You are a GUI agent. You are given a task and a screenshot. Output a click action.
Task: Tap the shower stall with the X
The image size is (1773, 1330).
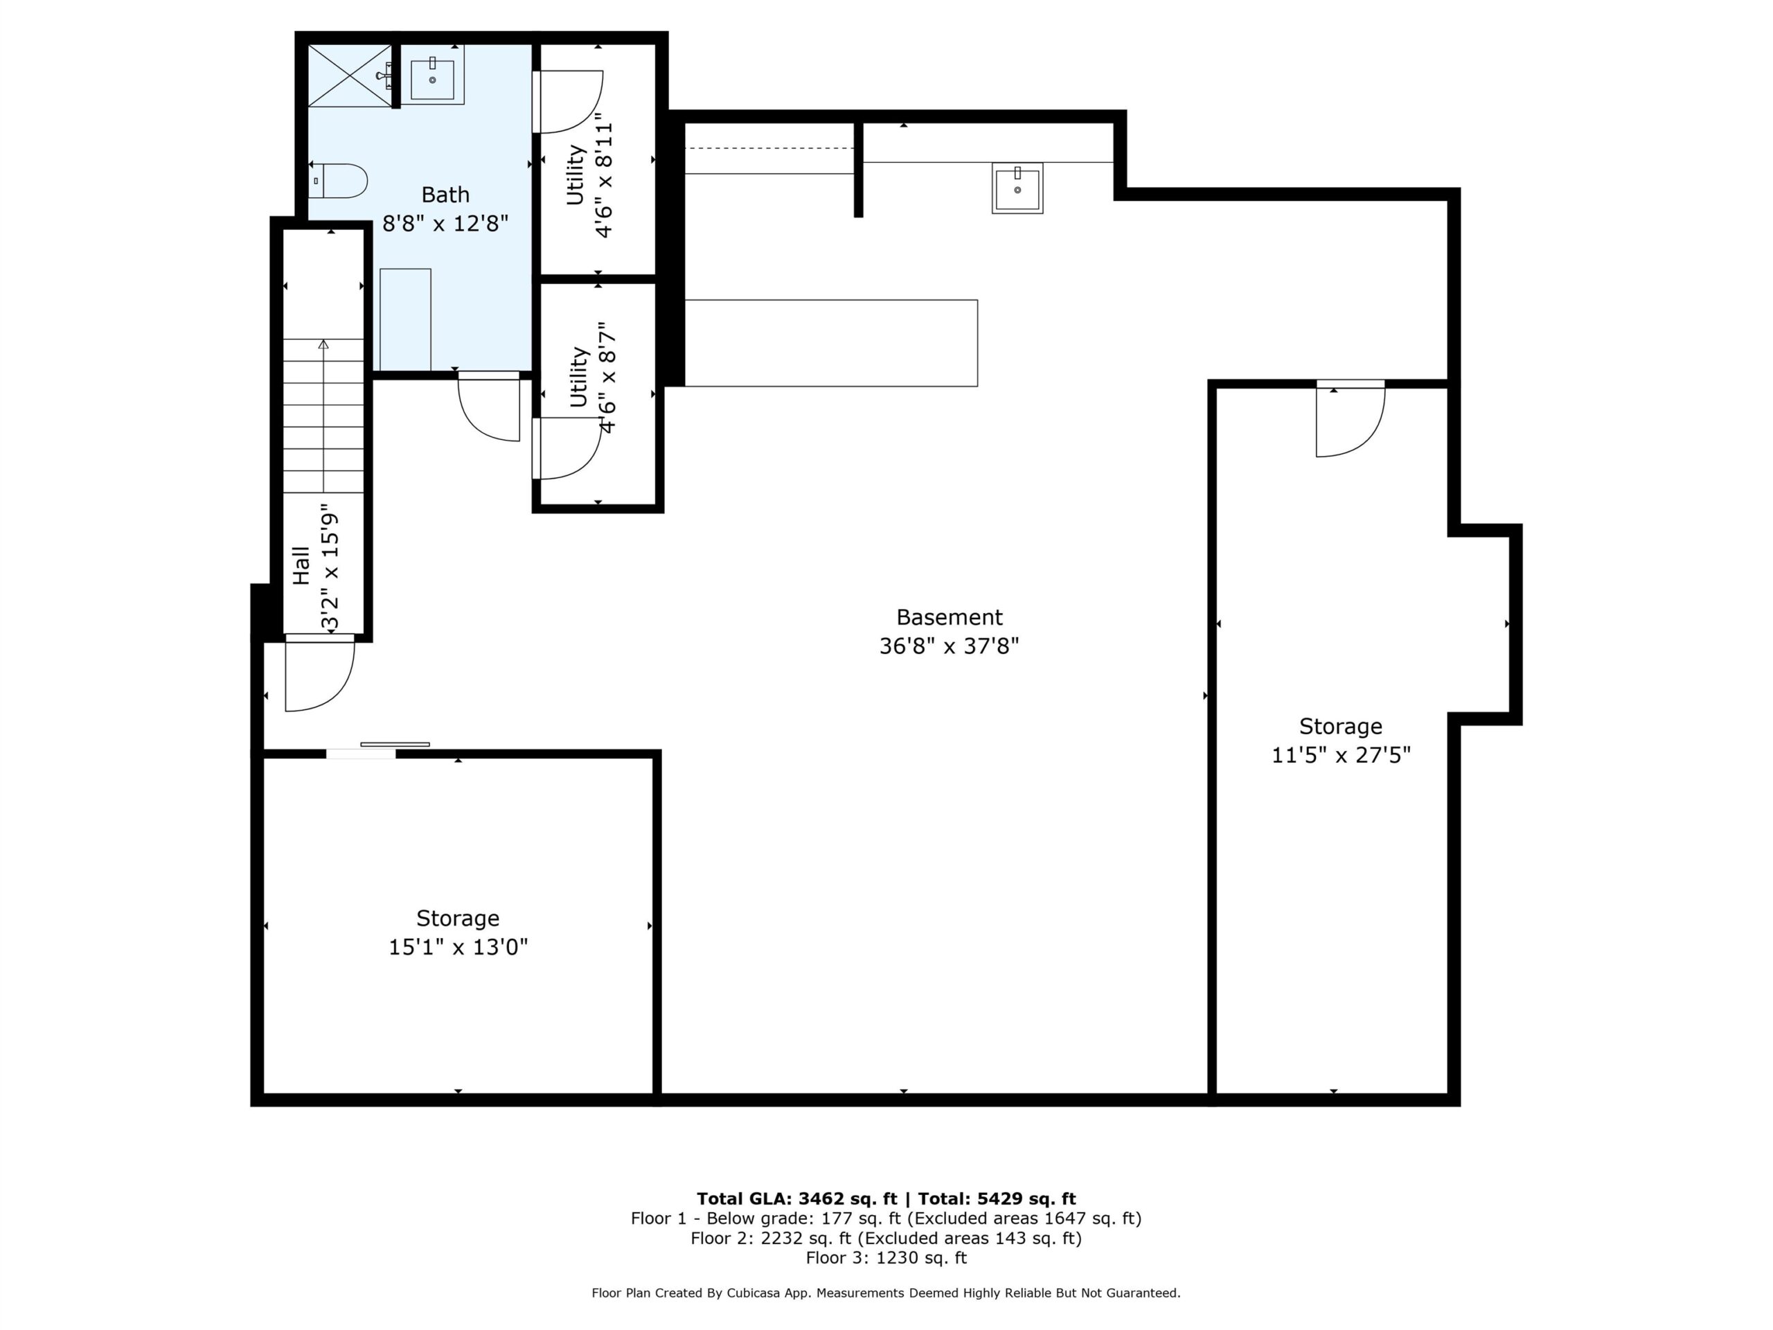coord(350,76)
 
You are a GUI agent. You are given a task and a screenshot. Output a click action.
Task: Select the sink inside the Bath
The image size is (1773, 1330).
coord(432,75)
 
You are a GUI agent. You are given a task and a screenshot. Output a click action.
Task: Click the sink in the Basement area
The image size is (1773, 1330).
coord(1017,188)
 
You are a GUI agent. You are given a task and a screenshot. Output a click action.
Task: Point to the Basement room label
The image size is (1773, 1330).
coord(949,617)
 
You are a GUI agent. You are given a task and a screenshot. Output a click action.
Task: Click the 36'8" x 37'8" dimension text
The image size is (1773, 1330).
coord(949,646)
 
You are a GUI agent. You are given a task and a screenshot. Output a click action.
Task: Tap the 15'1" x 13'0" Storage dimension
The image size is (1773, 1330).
coord(458,947)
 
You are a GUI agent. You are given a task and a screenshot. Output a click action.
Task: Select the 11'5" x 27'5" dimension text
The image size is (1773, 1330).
coord(1340,755)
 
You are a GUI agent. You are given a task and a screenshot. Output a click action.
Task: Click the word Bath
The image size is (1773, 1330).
coord(445,195)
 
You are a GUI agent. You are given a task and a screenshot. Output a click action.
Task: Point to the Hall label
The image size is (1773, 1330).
coord(301,565)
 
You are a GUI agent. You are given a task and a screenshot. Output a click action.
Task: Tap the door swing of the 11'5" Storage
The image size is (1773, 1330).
coord(1350,419)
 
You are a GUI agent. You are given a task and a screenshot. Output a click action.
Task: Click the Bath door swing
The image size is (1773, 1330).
coord(489,407)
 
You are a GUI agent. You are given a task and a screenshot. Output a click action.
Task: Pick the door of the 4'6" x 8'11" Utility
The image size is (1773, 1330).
coord(567,102)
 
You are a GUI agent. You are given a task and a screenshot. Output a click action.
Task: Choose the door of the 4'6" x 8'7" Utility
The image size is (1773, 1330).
coord(567,448)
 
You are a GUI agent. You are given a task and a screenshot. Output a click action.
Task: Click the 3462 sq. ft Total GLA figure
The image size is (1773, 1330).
coord(847,1198)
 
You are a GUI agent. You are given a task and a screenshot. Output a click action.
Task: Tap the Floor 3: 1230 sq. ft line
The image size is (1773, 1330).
coord(886,1258)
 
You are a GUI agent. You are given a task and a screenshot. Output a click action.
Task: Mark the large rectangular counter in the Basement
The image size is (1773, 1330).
coord(831,343)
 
